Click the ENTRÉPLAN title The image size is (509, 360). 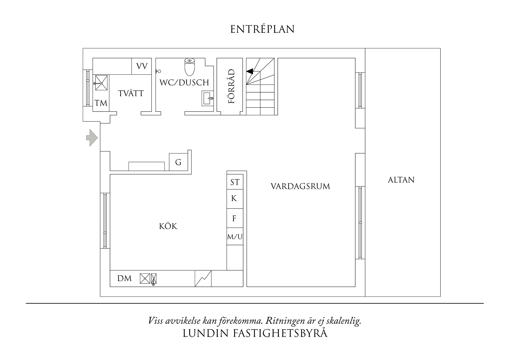click(262, 29)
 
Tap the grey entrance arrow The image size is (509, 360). click(92, 138)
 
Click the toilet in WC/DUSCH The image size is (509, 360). click(190, 66)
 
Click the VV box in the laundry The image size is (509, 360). click(142, 66)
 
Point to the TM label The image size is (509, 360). click(101, 103)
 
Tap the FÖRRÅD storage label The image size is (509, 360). click(231, 86)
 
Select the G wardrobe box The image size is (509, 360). click(178, 162)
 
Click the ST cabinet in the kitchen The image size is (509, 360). click(235, 182)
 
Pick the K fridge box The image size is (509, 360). click(234, 199)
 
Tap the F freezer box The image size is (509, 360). click(234, 218)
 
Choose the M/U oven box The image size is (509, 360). click(235, 237)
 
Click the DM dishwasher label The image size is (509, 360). click(124, 279)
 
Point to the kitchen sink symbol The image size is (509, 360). click(148, 279)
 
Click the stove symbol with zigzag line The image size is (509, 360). click(203, 279)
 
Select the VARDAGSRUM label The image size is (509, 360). click(300, 186)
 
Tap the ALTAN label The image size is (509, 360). click(401, 180)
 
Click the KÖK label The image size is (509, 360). click(168, 226)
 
